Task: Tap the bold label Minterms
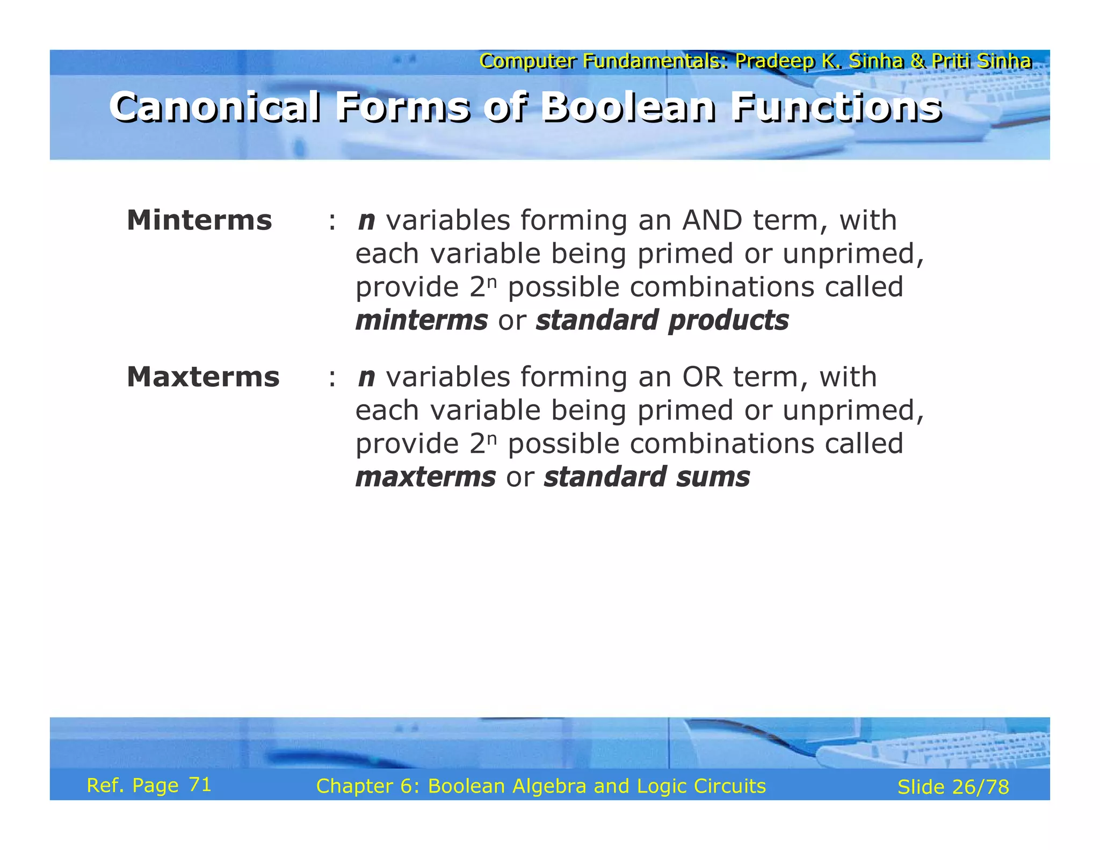point(199,220)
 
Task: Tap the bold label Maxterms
point(203,377)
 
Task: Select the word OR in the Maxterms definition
point(703,377)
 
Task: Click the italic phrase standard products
point(662,320)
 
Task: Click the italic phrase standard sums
point(647,477)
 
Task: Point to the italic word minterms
point(422,320)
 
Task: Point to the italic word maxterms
point(425,477)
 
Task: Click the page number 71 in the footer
point(200,785)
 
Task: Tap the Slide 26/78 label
point(953,787)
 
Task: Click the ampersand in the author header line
point(918,61)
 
